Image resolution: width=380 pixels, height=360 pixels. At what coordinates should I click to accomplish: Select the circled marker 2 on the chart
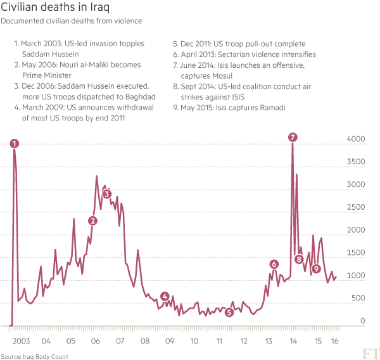click(93, 221)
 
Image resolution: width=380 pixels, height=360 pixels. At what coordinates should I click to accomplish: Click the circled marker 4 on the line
click(165, 296)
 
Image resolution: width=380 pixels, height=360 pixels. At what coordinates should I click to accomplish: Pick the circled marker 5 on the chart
click(229, 312)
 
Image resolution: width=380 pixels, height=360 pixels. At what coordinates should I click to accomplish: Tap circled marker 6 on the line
click(274, 264)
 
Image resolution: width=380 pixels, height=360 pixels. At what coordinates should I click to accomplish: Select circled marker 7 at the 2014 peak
click(292, 137)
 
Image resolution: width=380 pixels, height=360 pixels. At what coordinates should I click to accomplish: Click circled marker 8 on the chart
click(299, 259)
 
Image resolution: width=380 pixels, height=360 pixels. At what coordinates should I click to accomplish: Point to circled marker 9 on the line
click(316, 269)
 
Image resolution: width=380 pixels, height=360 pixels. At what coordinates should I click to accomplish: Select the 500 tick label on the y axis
click(358, 299)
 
